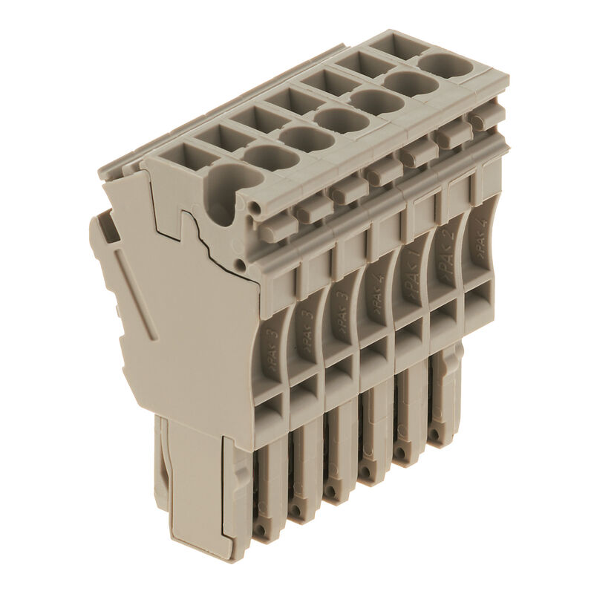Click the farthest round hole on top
446,65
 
